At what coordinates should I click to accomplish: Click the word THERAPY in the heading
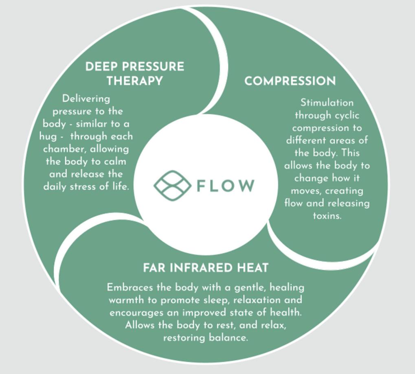[134, 81]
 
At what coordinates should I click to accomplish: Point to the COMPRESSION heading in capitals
[290, 81]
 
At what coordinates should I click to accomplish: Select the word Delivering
[86, 98]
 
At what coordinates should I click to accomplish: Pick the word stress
[88, 187]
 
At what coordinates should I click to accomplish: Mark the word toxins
[327, 216]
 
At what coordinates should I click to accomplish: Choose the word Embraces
[128, 287]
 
